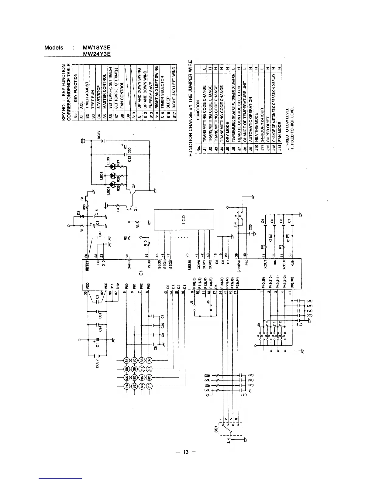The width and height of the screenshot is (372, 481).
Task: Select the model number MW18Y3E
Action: coord(96,48)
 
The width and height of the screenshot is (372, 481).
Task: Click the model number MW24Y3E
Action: coord(96,54)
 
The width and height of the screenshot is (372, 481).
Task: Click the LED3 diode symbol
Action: coord(113,166)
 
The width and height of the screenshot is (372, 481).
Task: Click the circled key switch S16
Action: coord(126,386)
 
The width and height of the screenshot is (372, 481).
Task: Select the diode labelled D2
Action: coord(81,216)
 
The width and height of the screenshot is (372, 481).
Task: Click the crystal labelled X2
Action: coord(270,237)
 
